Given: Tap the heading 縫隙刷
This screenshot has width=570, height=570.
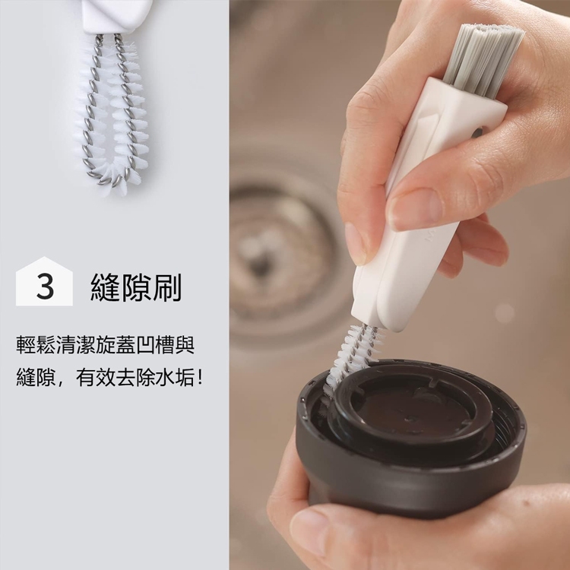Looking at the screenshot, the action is point(136,287).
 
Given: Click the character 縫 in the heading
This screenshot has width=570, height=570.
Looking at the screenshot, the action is point(106,287).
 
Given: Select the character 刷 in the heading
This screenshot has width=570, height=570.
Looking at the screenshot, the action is point(167,287).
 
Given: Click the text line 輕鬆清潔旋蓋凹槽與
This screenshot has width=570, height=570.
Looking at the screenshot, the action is point(106,345).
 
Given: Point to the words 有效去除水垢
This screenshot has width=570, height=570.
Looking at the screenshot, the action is point(135,378).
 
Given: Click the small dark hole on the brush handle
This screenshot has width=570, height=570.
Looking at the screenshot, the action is point(477,133).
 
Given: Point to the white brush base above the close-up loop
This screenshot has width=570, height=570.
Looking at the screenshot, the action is point(116,17).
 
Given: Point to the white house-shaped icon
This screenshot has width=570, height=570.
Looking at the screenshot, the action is point(44,281).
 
